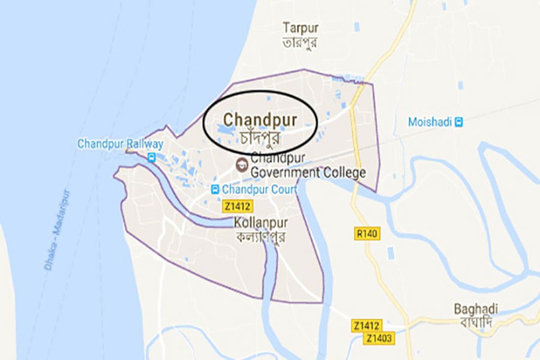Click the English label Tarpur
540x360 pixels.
[x=301, y=28]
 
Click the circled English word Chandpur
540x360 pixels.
[x=260, y=119]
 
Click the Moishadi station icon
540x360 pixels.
[x=459, y=122]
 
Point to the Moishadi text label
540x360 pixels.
[x=430, y=122]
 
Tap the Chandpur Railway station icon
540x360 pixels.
[x=152, y=157]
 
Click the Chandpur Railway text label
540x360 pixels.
[x=120, y=144]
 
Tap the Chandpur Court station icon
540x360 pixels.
[x=215, y=190]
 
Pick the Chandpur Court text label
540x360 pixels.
[x=260, y=190]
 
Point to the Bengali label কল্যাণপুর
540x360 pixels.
[x=262, y=237]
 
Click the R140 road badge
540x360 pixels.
[x=366, y=233]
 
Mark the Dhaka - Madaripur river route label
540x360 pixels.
[x=58, y=230]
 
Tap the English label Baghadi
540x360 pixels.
[x=476, y=309]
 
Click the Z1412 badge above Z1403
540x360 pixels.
[x=366, y=326]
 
